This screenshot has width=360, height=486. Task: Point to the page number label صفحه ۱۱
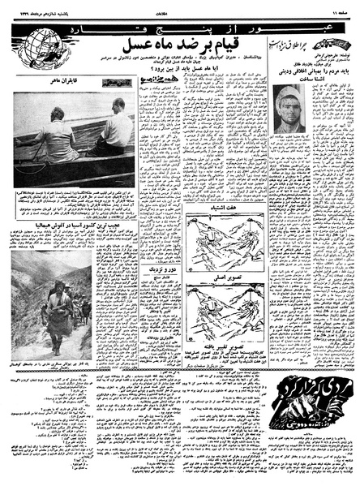[338, 8]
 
